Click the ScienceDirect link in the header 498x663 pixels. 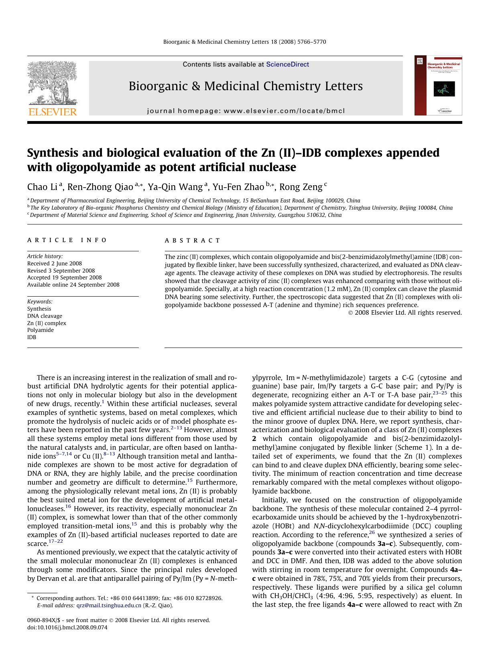tap(287, 64)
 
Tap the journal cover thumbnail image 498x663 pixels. tap(438, 85)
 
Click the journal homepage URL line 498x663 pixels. tap(246, 111)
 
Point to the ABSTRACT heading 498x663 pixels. tap(192, 241)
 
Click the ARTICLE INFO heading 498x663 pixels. tap(67, 240)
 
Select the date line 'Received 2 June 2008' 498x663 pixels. tap(55, 263)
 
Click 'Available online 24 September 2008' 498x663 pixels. tap(73, 285)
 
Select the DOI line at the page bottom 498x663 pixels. tap(67, 627)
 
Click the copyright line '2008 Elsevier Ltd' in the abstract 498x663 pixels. tap(405, 312)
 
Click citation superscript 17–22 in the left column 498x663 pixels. tap(56, 541)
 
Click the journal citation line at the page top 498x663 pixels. tap(244, 42)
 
